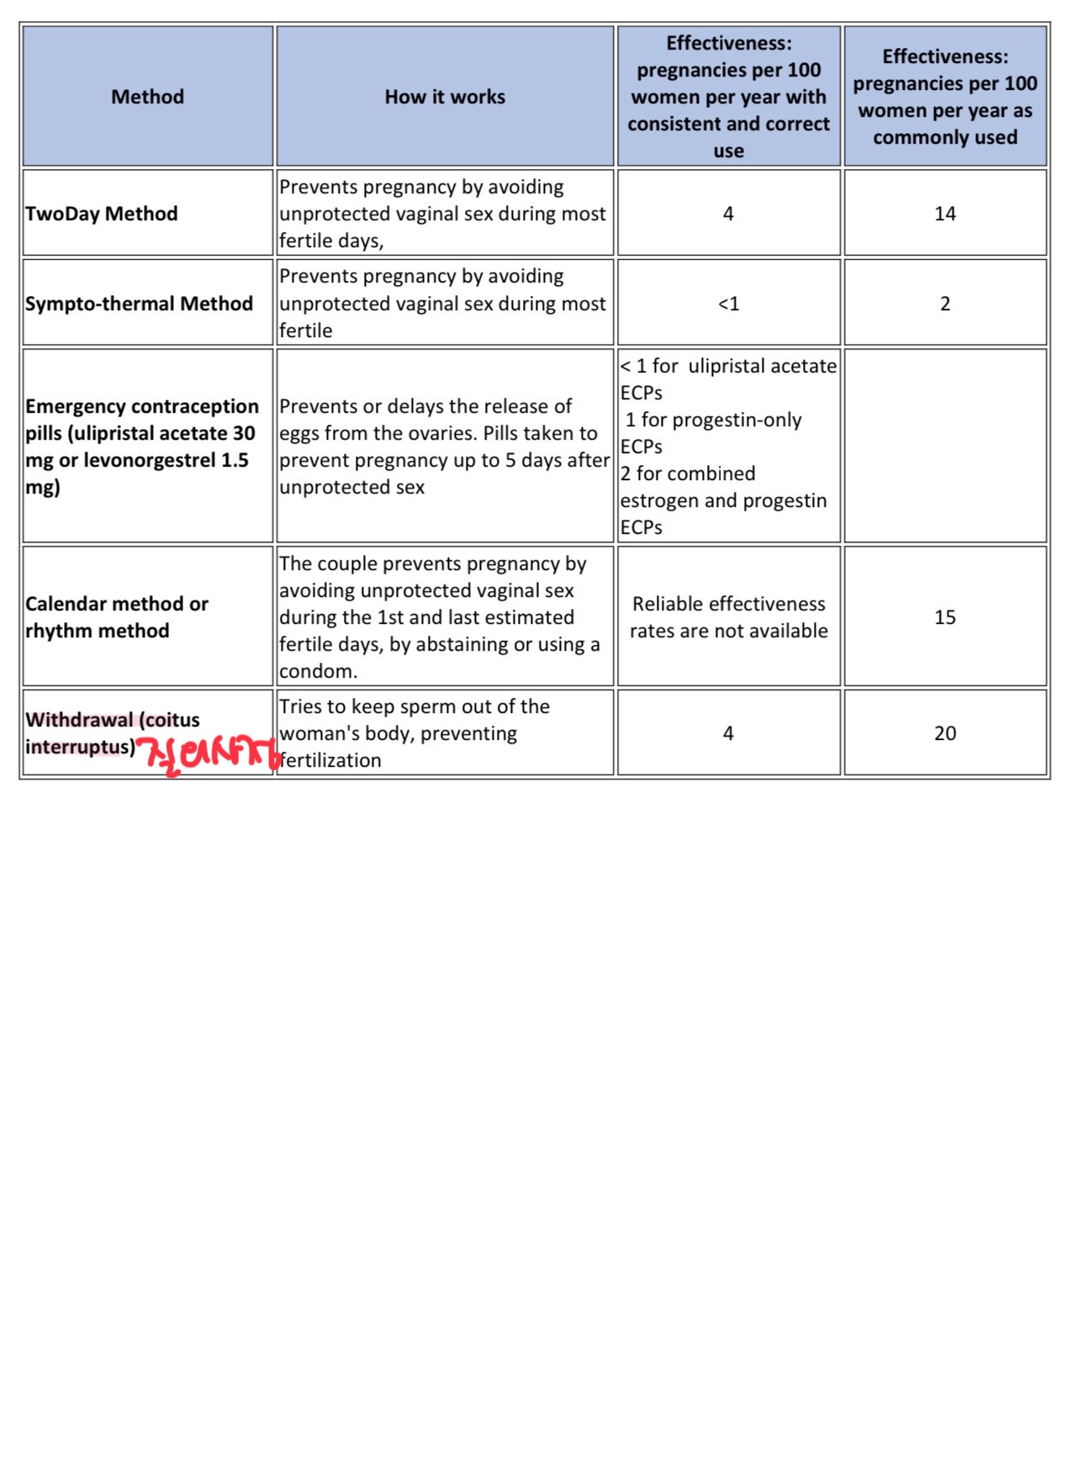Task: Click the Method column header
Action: click(147, 97)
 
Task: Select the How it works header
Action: click(445, 97)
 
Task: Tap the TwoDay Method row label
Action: click(102, 214)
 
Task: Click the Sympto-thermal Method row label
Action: click(139, 304)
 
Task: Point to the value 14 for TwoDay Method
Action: click(945, 214)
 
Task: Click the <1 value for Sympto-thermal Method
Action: click(728, 304)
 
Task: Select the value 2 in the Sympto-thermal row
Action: click(945, 304)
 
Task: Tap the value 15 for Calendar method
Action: click(945, 617)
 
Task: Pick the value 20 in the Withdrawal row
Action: click(945, 733)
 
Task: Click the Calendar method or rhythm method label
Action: click(117, 617)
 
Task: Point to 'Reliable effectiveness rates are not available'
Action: click(728, 617)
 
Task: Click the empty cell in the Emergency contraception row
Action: click(945, 446)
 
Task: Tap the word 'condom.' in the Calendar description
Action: click(319, 671)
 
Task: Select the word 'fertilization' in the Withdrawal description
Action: click(330, 760)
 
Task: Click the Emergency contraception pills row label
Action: click(141, 447)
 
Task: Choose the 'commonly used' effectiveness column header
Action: click(945, 97)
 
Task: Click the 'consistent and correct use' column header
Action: click(728, 97)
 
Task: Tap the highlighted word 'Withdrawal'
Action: click(79, 720)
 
